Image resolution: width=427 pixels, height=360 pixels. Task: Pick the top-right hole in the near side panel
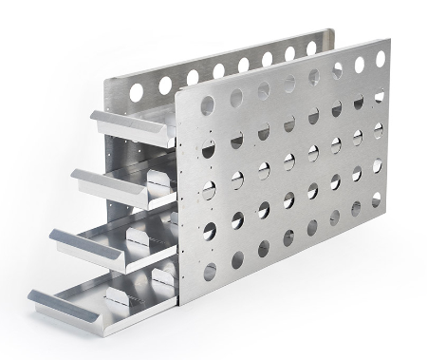point(380,59)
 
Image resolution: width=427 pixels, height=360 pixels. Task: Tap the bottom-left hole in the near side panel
point(210,272)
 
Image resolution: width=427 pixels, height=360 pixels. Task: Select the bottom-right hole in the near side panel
point(378,199)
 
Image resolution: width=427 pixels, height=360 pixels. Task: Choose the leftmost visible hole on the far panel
point(137,91)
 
